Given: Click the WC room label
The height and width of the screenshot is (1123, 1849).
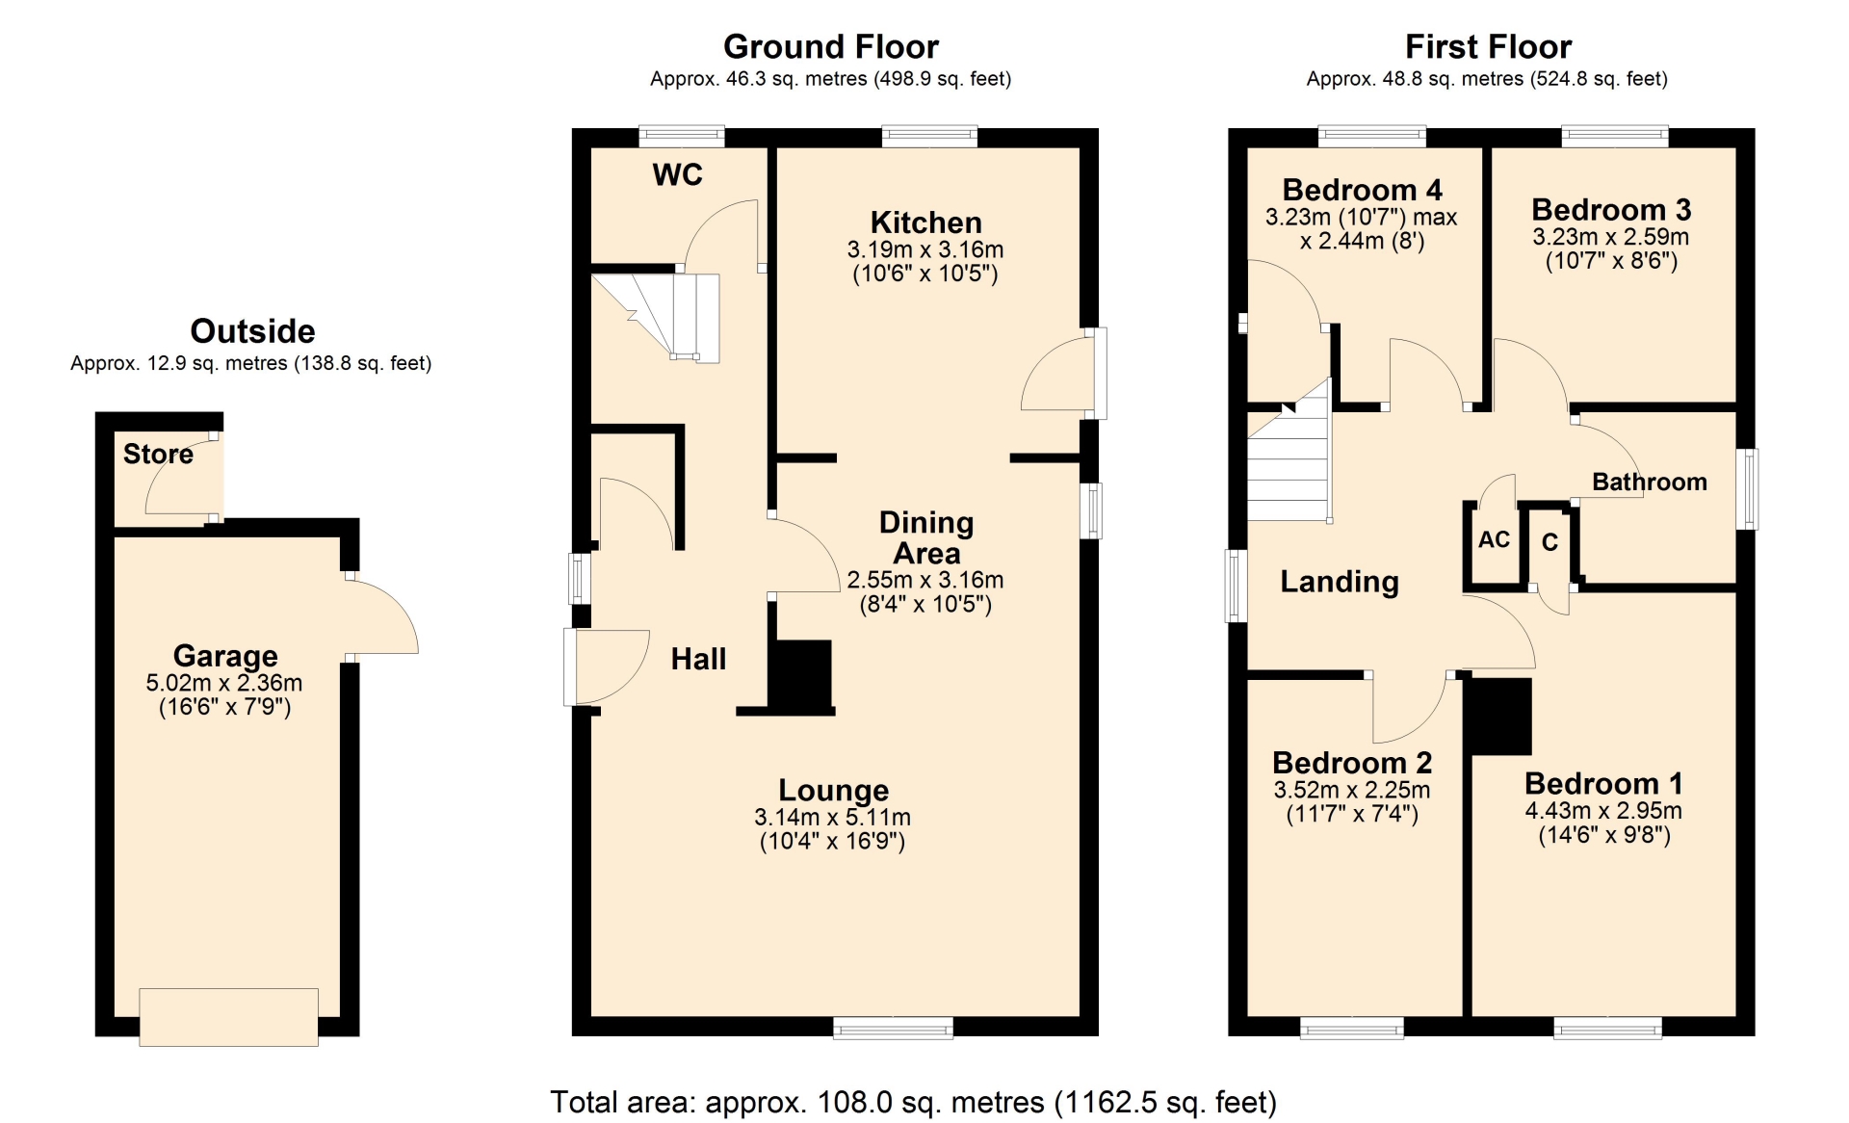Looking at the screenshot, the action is [x=677, y=174].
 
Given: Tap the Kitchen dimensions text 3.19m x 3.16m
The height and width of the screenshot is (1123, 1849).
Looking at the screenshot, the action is [x=925, y=249].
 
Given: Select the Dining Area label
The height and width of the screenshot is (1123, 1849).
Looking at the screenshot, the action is [x=926, y=537].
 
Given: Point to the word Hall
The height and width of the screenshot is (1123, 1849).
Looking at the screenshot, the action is [x=698, y=659].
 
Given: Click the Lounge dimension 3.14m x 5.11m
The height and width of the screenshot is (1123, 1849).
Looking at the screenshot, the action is [x=832, y=817].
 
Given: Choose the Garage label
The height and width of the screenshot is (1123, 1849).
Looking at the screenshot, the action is [x=225, y=656].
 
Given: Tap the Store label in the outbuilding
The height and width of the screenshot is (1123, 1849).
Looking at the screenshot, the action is [x=158, y=454].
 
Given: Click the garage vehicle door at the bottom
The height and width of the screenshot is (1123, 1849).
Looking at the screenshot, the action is [x=228, y=1017].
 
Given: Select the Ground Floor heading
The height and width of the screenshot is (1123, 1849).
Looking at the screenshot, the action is [x=831, y=46].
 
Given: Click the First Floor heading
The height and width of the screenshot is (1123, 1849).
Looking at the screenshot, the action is [x=1488, y=46].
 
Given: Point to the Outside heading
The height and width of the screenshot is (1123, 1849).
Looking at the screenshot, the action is [x=252, y=331].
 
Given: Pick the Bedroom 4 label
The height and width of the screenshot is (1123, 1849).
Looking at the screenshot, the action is [x=1362, y=190].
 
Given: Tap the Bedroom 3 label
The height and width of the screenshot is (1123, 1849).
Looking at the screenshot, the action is [x=1611, y=209].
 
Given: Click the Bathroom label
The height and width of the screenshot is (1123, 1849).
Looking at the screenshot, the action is [x=1650, y=482].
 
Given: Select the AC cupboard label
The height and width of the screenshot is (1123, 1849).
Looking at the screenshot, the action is [x=1494, y=539].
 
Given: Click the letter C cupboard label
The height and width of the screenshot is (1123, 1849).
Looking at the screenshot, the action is [x=1550, y=542].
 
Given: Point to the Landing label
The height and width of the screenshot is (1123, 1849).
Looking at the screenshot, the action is [x=1340, y=582].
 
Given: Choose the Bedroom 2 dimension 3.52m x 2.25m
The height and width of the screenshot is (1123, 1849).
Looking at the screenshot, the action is [x=1352, y=790].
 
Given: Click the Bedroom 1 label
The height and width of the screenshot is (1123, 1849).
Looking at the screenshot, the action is [x=1603, y=783].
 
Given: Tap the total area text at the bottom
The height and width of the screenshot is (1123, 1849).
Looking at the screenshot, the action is [x=913, y=1102].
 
